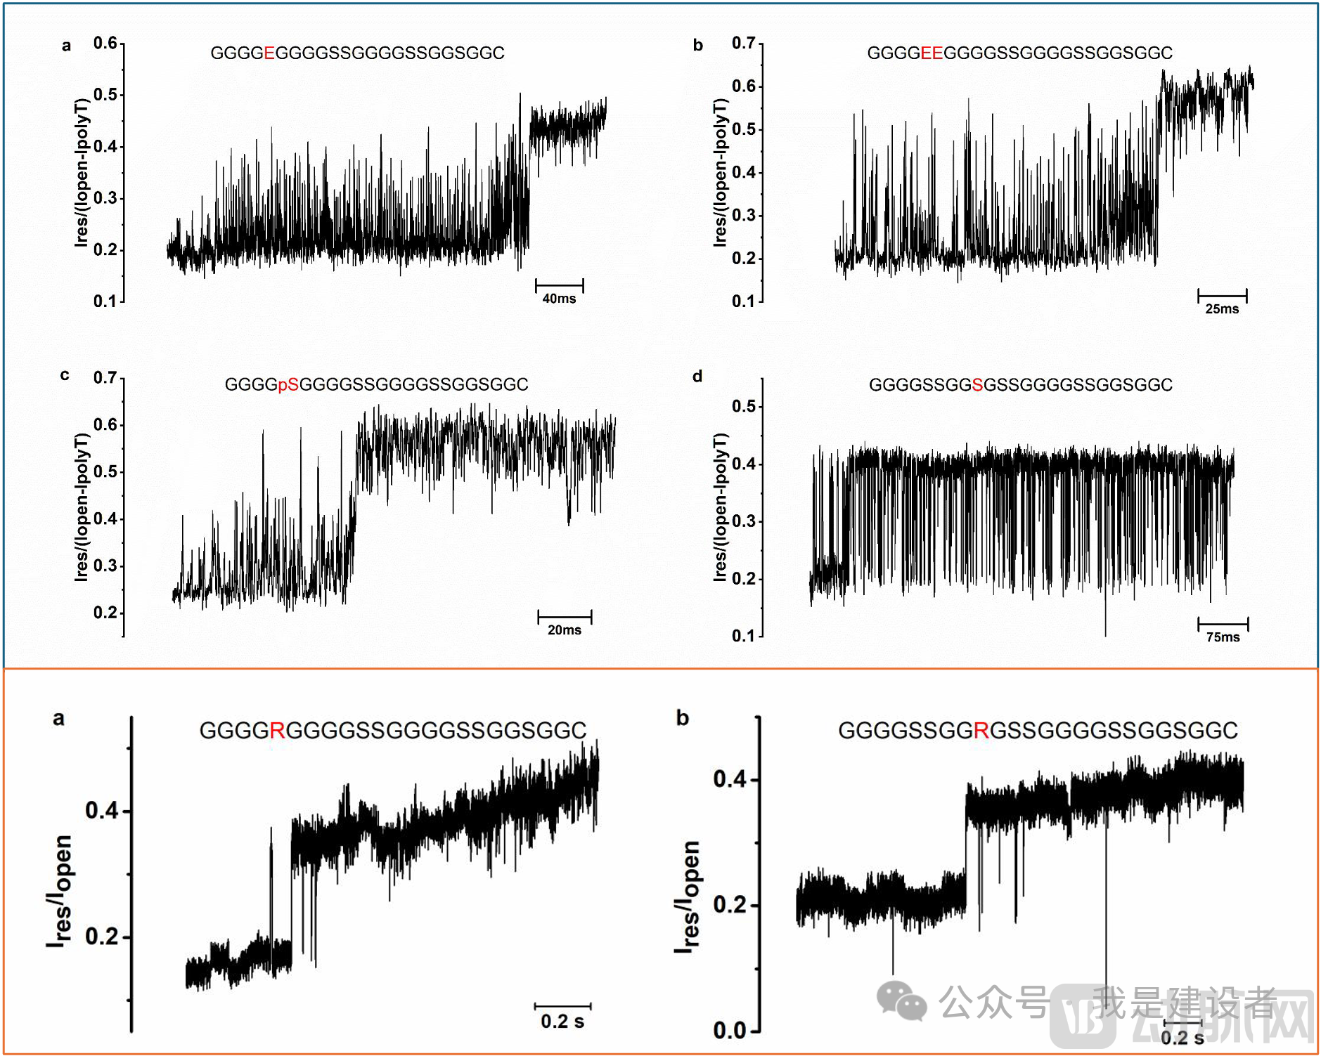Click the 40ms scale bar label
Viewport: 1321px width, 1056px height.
[x=559, y=299]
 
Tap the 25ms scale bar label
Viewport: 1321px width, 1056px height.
[x=1222, y=309]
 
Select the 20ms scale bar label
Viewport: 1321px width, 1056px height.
[x=565, y=630]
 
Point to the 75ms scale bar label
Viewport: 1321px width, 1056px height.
[x=1223, y=637]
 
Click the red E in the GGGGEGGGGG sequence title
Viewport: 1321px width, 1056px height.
[x=269, y=53]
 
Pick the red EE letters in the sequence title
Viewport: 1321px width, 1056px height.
[x=932, y=53]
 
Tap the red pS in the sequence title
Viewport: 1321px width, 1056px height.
[x=288, y=385]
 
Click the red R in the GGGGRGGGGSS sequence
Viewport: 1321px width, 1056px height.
[x=277, y=731]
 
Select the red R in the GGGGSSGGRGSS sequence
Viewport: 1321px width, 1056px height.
[x=981, y=731]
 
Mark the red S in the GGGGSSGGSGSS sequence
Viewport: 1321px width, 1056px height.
[x=977, y=385]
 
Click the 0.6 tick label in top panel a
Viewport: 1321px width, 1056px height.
[x=105, y=44]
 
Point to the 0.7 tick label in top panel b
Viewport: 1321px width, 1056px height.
[x=743, y=44]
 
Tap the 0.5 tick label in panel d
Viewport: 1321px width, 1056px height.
[x=743, y=406]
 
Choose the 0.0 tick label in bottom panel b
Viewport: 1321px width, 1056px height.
[x=729, y=1030]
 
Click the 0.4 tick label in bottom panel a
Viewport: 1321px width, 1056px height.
[x=101, y=810]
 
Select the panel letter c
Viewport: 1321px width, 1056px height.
[x=65, y=375]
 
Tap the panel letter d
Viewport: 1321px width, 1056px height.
[x=697, y=377]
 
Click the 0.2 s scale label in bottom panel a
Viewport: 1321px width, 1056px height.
[x=562, y=1022]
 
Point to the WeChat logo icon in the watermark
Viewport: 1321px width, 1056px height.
[x=902, y=1000]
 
